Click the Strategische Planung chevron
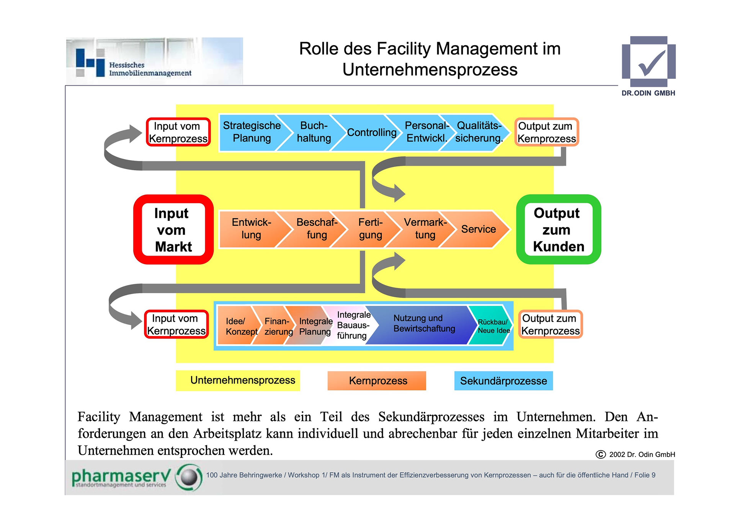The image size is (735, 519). pos(252,132)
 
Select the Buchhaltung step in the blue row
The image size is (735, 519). pos(314,132)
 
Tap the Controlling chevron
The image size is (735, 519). pos(371,133)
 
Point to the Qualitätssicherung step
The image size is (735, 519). pos(479,132)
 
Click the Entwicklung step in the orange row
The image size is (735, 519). pos(251,229)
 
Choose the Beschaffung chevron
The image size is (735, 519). pos(317,229)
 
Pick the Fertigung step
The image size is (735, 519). pos(370,229)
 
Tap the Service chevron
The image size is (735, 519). pos(479,229)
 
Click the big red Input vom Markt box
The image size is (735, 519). pos(173,229)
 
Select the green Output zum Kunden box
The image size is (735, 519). pos(558,229)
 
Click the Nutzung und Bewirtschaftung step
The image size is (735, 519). pos(424,324)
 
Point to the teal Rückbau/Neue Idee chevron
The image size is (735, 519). pos(493,326)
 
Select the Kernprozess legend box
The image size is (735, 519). pos(377,381)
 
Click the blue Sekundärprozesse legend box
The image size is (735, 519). pos(503,381)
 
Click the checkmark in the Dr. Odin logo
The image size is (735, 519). pos(651,63)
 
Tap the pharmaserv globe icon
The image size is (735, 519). pos(189,477)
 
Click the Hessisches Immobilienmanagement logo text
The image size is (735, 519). pos(150,69)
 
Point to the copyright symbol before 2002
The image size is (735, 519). pos(600,454)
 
